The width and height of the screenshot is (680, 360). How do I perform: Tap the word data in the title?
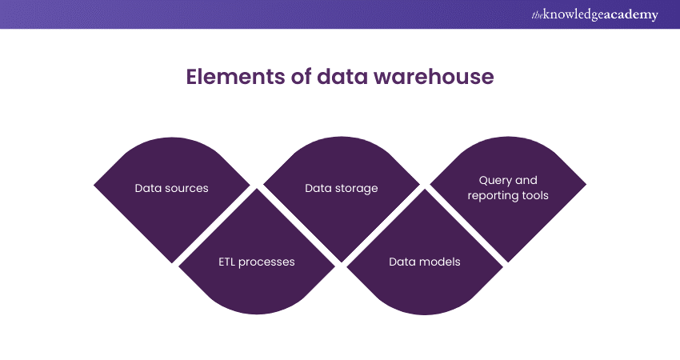pos(342,76)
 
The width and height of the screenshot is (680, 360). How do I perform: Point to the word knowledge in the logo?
pos(572,15)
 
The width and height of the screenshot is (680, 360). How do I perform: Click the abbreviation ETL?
pos(228,262)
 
